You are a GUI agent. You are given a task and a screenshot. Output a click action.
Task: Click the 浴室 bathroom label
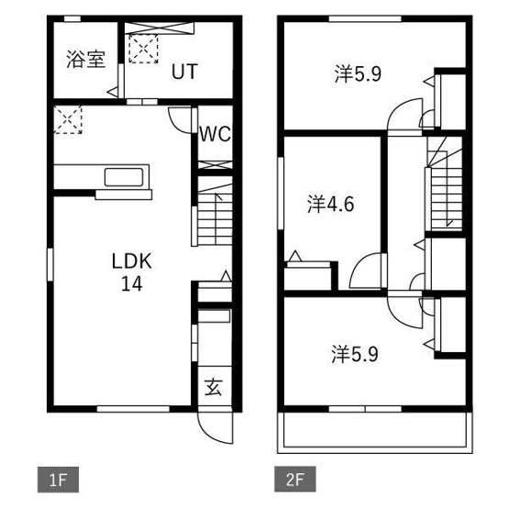pos(86,60)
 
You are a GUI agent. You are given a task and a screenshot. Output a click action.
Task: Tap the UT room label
pos(184,72)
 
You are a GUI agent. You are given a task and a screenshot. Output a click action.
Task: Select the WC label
pos(215,134)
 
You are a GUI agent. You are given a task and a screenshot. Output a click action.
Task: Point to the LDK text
pos(132,261)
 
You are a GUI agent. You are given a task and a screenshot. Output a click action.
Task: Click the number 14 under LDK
pos(132,284)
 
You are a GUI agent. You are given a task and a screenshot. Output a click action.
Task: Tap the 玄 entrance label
pos(214,387)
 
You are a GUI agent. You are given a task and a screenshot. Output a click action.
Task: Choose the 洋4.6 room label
pos(330,205)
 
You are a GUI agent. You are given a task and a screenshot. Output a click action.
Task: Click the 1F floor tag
pos(58,480)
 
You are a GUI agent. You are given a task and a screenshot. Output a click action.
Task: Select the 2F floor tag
pos(295,480)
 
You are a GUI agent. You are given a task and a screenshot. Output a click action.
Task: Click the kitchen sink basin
pos(124,177)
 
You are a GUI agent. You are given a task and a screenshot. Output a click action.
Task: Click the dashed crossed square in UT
pos(143,49)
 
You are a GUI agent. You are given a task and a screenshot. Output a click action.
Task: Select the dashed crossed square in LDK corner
pos(68,119)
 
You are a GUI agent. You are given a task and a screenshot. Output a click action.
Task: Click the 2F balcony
pos(375,432)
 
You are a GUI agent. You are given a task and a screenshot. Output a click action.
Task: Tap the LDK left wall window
pos(50,264)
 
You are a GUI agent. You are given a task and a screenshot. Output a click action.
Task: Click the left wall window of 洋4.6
pos(281,194)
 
